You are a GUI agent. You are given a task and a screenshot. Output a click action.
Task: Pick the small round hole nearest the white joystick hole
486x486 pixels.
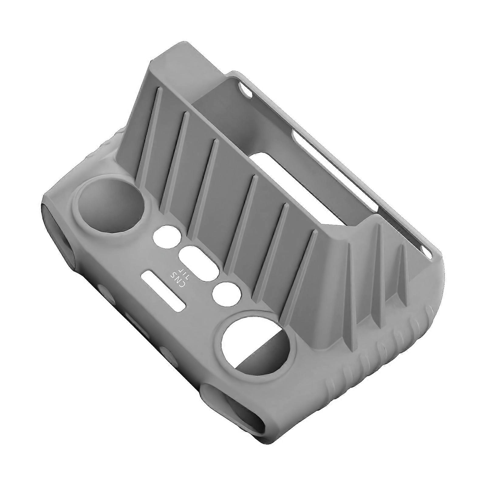[226, 293]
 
